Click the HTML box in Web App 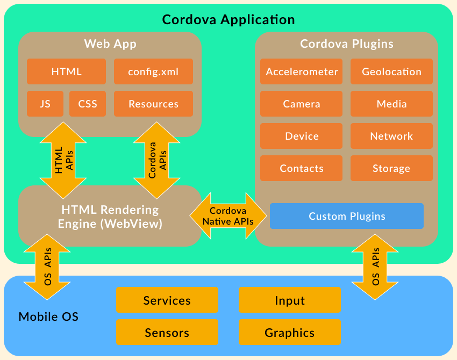pos(67,71)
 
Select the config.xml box pos(153,71)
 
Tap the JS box pos(45,104)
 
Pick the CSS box pos(88,104)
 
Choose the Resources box pos(153,104)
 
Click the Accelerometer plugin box pos(302,71)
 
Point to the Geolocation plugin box pos(391,71)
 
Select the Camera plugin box pos(302,104)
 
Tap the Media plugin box pos(391,104)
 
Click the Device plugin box pos(302,136)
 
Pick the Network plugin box pos(391,136)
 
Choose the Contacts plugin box pos(302,168)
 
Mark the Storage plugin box pos(391,168)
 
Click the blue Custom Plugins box pos(347,216)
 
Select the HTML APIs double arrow pos(63,160)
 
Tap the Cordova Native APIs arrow pos(228,216)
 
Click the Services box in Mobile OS pos(167,300)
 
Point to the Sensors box pos(167,332)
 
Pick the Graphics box pos(289,332)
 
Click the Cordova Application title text pos(228,20)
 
